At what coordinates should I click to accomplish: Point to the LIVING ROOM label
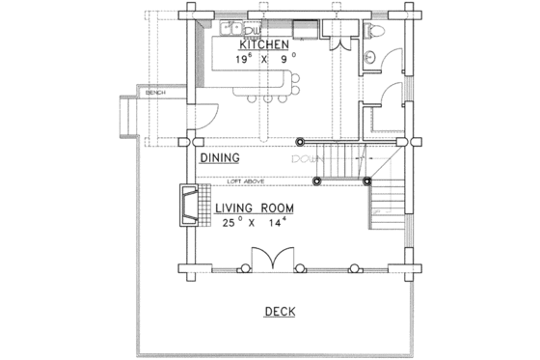tap(255, 208)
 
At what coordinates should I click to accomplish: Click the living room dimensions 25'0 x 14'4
tap(255, 224)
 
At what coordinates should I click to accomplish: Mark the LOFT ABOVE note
tap(248, 180)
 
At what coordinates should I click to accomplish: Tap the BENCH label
tap(155, 94)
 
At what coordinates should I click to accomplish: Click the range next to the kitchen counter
tap(304, 26)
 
